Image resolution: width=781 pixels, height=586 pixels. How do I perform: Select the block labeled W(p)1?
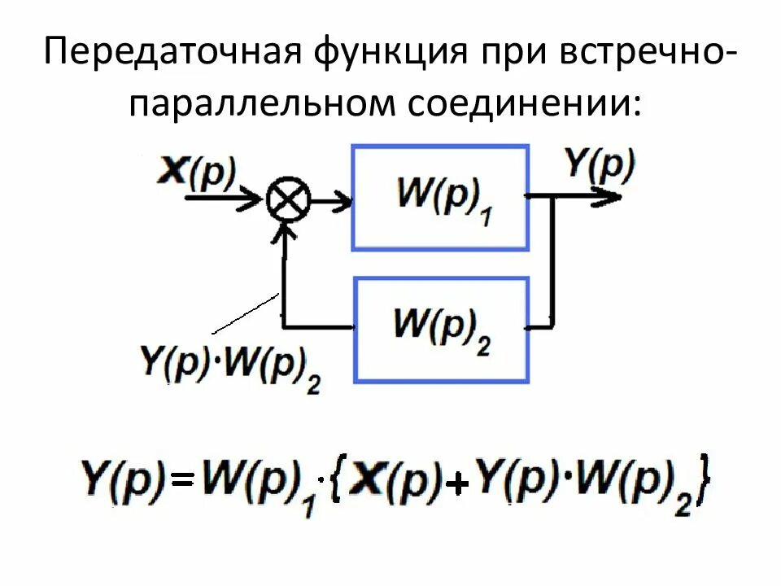coord(440,198)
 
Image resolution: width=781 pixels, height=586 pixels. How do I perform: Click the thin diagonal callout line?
coord(245,314)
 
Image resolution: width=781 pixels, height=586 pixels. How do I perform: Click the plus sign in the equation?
coord(460,485)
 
